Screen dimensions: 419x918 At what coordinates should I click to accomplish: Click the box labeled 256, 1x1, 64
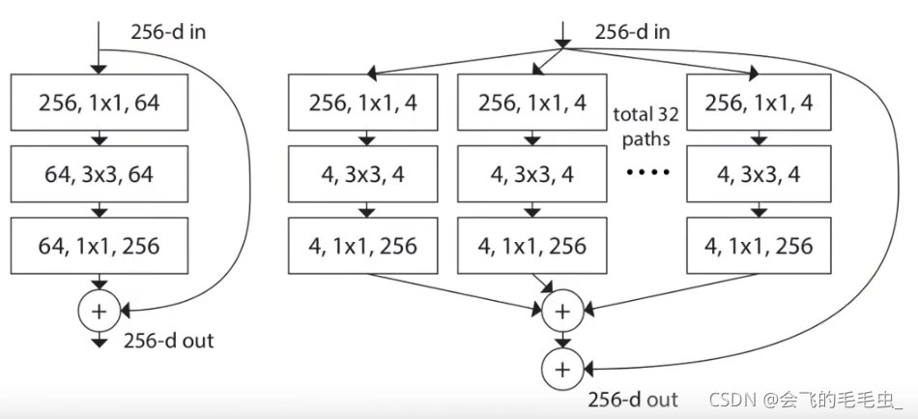pyautogui.click(x=100, y=104)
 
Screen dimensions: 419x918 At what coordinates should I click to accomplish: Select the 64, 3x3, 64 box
pyautogui.click(x=100, y=174)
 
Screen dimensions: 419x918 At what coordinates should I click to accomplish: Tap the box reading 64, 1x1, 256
pyautogui.click(x=100, y=245)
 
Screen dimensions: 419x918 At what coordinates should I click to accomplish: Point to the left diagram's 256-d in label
pyautogui.click(x=168, y=32)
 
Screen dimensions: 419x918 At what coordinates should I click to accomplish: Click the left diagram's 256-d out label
pyautogui.click(x=169, y=340)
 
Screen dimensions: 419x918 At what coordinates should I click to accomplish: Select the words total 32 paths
pyautogui.click(x=645, y=126)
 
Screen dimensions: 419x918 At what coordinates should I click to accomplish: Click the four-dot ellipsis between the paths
pyautogui.click(x=645, y=174)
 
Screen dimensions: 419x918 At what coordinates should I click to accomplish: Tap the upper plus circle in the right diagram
pyautogui.click(x=563, y=311)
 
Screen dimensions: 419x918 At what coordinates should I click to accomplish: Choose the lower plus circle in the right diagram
pyautogui.click(x=563, y=368)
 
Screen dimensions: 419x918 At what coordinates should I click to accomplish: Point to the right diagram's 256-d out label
pyautogui.click(x=634, y=399)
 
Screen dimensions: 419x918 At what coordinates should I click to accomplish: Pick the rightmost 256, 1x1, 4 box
pyautogui.click(x=757, y=104)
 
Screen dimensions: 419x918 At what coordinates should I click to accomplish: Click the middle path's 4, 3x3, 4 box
pyautogui.click(x=532, y=174)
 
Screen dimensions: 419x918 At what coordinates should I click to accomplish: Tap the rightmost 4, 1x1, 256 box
pyautogui.click(x=757, y=245)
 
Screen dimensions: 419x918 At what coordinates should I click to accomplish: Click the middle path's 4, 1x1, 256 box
pyautogui.click(x=532, y=245)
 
